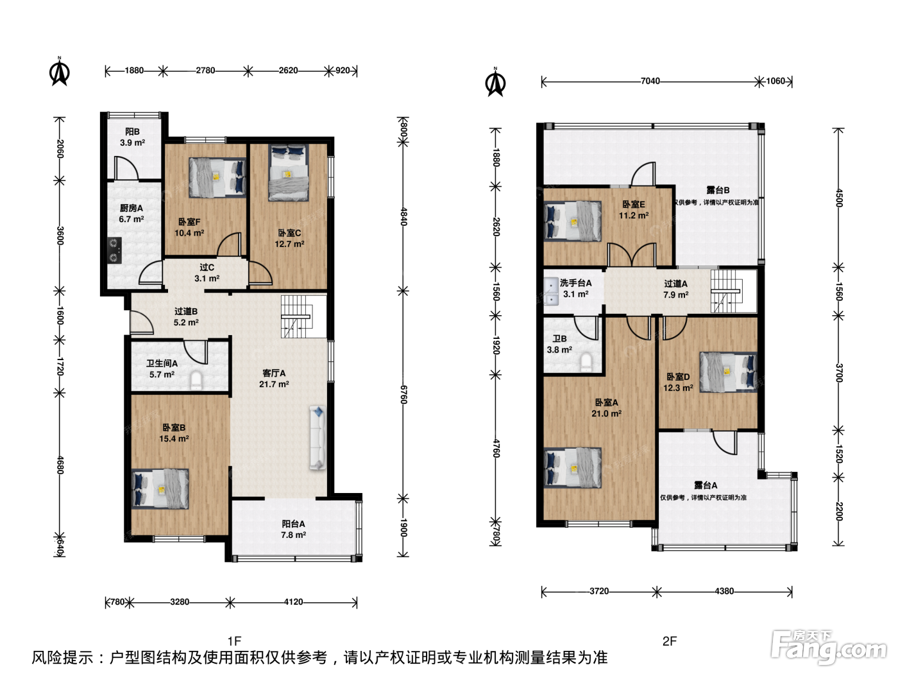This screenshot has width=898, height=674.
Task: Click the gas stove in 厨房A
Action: point(115,250)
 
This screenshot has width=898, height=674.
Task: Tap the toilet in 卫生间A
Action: point(196,381)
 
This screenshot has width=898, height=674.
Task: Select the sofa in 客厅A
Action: point(318,438)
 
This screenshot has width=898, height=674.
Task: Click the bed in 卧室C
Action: point(288,173)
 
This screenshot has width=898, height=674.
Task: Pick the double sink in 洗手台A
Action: point(551,291)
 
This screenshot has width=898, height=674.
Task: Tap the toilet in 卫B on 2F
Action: point(586,363)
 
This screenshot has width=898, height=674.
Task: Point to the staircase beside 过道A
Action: point(727,291)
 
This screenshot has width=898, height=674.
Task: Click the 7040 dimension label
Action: point(650,81)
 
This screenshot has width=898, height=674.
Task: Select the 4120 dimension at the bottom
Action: point(293,601)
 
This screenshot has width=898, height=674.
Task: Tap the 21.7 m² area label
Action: point(274,385)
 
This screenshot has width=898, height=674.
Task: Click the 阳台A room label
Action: point(293,524)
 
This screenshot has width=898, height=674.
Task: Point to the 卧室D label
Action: point(678,377)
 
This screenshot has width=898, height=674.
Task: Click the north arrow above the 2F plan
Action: point(495,82)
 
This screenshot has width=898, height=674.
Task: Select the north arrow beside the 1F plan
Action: point(60,71)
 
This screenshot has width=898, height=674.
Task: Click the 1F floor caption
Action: point(234,641)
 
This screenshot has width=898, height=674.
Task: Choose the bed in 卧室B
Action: point(160,488)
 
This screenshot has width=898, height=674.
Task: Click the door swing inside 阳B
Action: point(126,168)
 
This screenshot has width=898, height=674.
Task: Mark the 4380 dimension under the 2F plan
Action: point(724,591)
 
